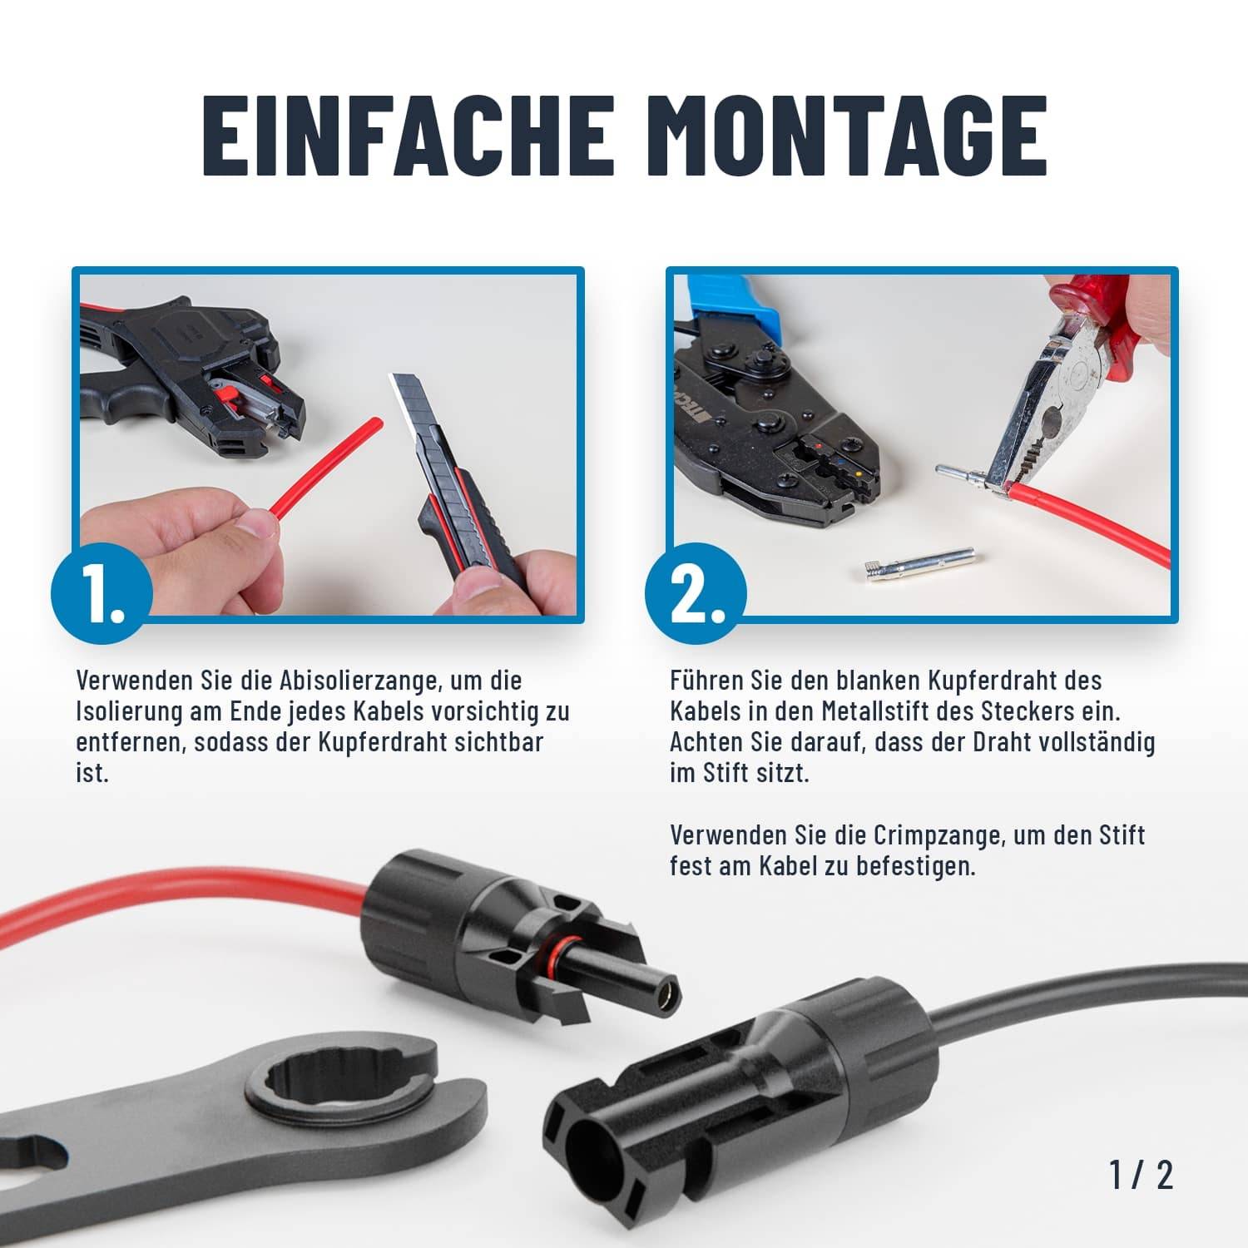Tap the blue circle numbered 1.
pyautogui.click(x=102, y=592)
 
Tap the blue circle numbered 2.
pyautogui.click(x=696, y=592)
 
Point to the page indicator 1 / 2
pyautogui.click(x=1141, y=1174)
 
